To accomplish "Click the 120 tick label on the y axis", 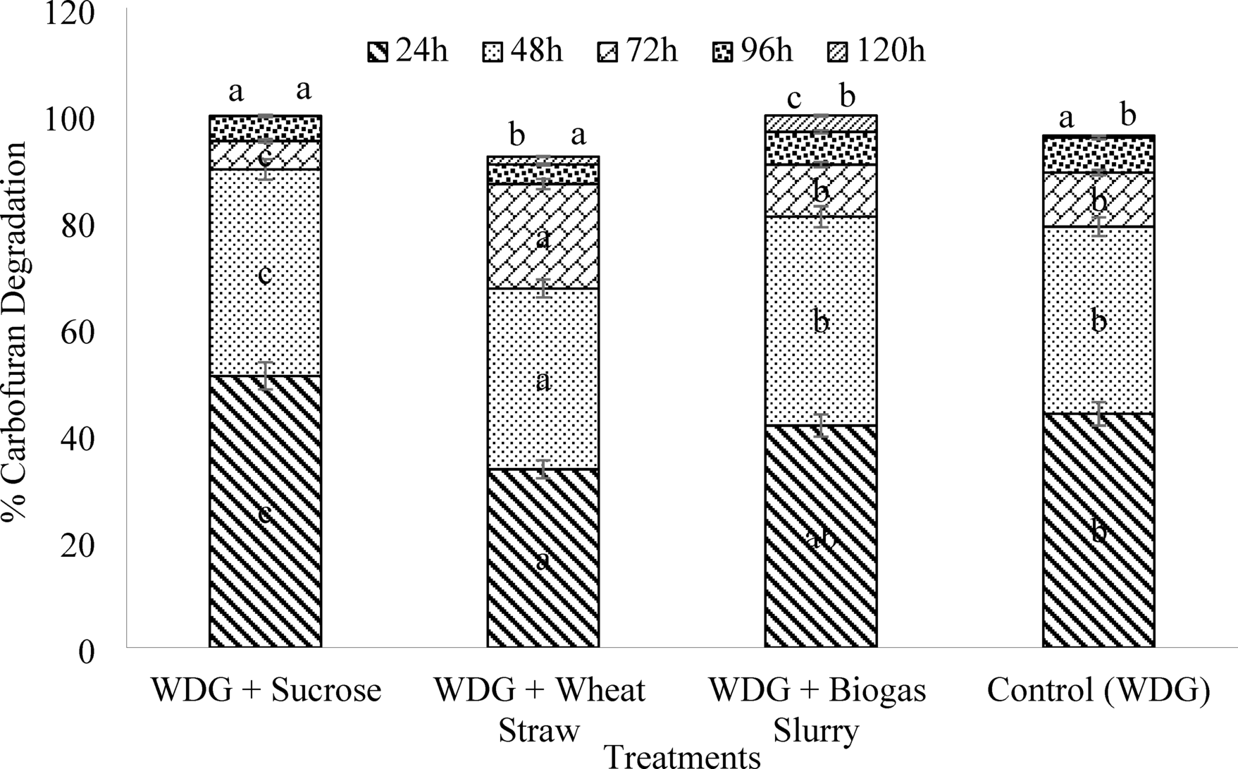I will coord(68,15).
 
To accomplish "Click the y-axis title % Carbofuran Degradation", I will coord(16,331).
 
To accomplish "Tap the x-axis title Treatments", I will coord(683,757).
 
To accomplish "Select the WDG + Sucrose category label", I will coord(266,690).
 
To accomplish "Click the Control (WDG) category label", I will coord(1098,690).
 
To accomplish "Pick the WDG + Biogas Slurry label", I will coord(817,710).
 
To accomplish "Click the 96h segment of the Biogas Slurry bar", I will coord(821,148).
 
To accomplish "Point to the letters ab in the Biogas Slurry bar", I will coord(820,538).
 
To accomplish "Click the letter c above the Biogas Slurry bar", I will coord(794,98).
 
